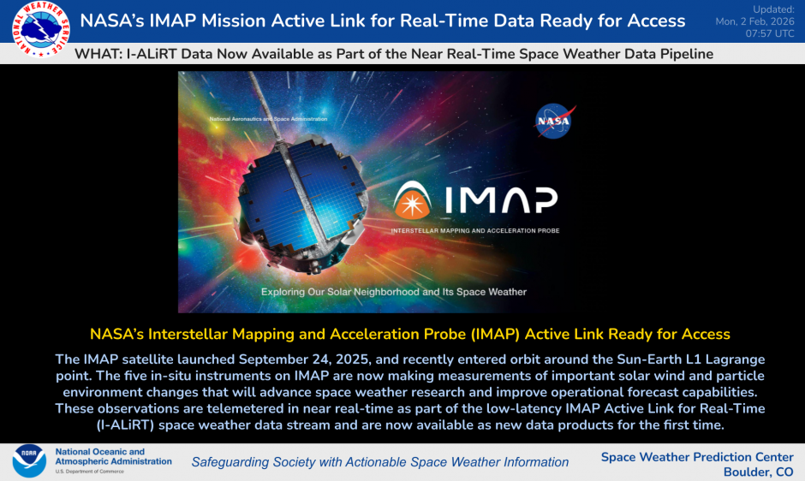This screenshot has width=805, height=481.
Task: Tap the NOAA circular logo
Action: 29,461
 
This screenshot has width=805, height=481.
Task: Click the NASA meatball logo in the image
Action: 554,121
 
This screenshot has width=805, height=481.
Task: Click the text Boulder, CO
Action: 758,472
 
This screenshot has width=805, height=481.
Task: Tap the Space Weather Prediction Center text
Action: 696,457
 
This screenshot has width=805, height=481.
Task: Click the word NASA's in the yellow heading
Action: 114,334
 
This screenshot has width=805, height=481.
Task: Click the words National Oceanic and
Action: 99,451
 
